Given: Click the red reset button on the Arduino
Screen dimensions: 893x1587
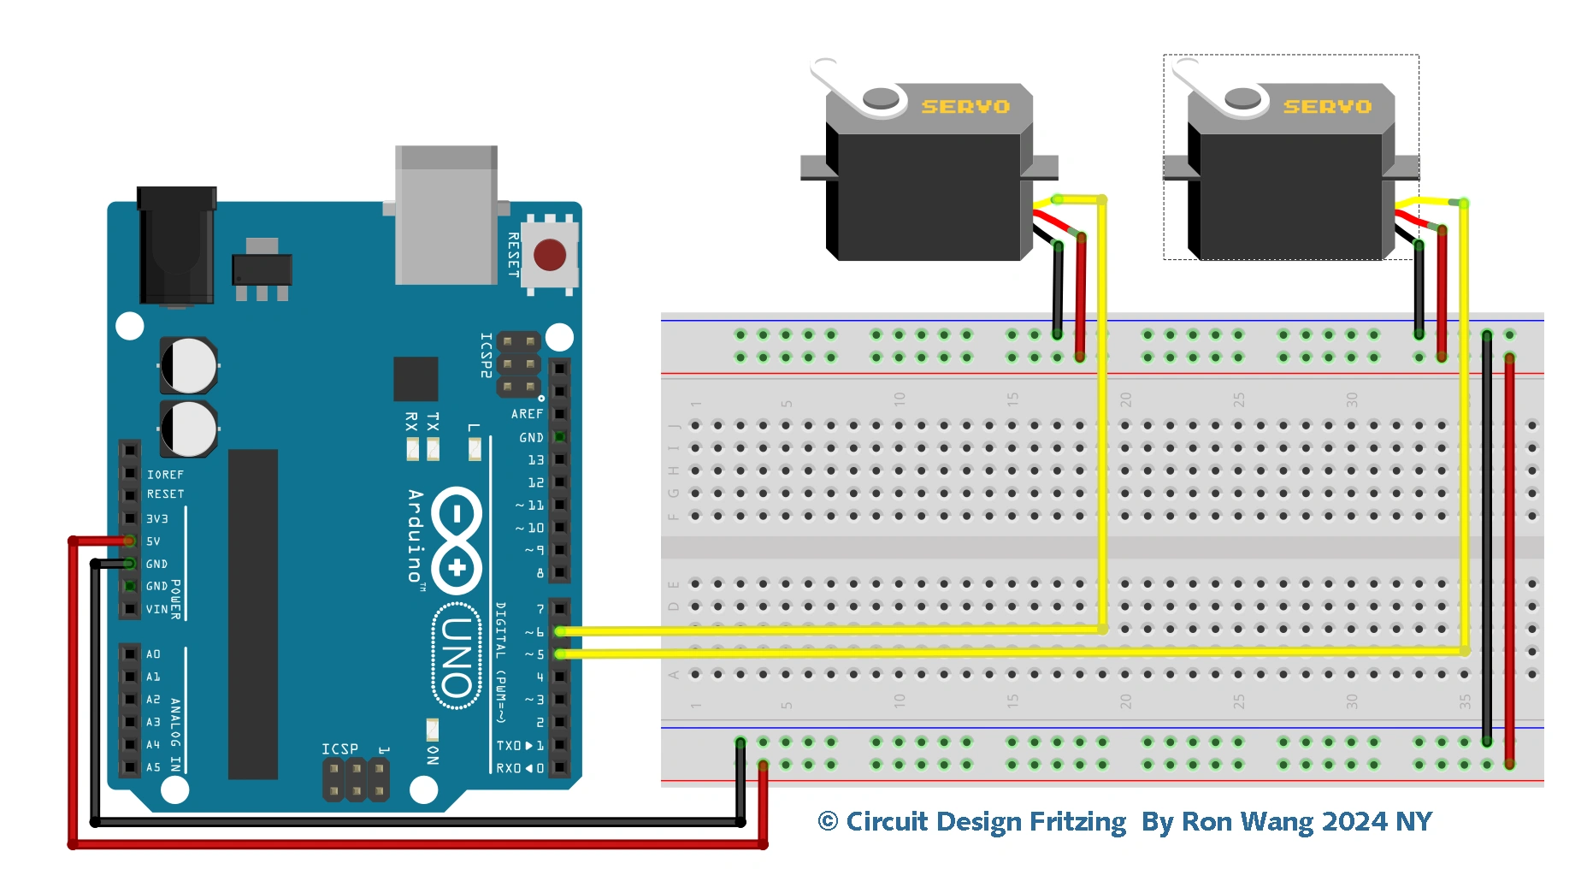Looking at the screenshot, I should [549, 255].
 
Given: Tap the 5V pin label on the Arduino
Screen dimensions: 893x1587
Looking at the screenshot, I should [153, 541].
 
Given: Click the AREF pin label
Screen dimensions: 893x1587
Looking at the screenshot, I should [527, 414].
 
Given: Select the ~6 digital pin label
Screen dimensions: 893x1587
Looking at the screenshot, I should [534, 632].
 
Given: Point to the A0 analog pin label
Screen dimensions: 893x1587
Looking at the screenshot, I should [153, 654].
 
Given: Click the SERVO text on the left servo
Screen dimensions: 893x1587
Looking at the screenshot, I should [965, 107].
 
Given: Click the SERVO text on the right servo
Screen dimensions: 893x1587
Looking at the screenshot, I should [1327, 107].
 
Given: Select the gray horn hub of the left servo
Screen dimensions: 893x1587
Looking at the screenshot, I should [881, 98].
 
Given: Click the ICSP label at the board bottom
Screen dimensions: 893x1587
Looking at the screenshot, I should [339, 749].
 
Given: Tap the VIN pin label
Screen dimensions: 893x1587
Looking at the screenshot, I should [156, 610].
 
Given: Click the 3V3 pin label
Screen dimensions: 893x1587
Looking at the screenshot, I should [156, 519].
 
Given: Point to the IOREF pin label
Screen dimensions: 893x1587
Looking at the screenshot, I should [165, 475].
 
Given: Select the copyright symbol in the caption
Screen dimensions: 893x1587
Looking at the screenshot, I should [828, 822].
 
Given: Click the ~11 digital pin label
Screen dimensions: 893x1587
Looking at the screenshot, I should [530, 506].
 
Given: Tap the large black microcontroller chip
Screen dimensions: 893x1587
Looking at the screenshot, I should [253, 613].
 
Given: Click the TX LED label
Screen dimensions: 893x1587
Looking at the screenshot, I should [433, 422].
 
